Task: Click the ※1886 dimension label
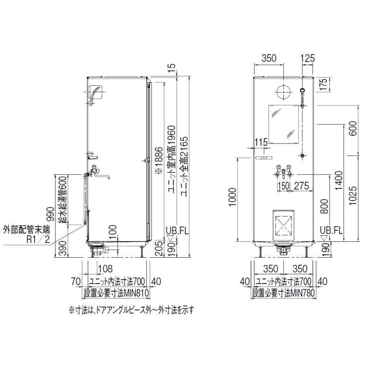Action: pyautogui.click(x=158, y=161)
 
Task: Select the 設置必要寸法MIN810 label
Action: pyautogui.click(x=116, y=292)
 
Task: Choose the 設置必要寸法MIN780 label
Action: pyautogui.click(x=284, y=292)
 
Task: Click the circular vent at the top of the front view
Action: pyautogui.click(x=283, y=93)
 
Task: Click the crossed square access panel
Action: pyautogui.click(x=283, y=224)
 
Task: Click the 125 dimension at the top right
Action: pyautogui.click(x=307, y=58)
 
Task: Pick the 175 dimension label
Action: pyautogui.click(x=323, y=86)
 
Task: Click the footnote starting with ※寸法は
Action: pyautogui.click(x=131, y=310)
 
